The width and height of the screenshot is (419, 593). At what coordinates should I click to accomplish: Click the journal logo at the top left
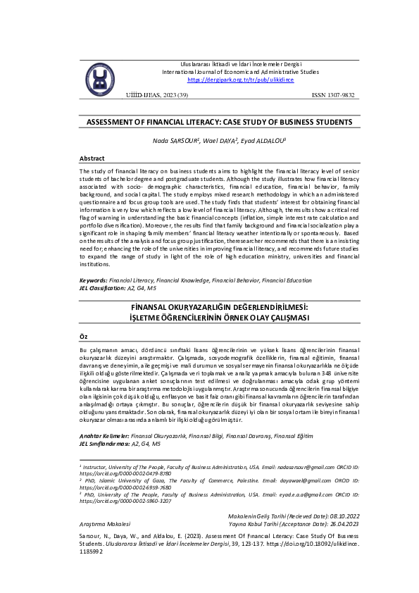[x=99, y=76]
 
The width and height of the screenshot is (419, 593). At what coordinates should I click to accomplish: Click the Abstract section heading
[x=92, y=158]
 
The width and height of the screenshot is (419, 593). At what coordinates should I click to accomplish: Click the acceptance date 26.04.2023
[x=340, y=525]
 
